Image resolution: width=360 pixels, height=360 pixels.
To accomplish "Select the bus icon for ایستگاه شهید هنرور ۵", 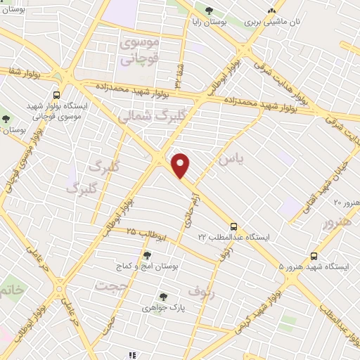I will click(314, 257).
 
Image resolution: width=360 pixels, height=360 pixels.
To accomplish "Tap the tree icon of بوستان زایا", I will click(209, 10).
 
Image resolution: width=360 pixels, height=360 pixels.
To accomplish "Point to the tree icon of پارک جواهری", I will click(163, 297).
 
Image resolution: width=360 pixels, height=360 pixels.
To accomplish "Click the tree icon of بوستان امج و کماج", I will click(147, 256).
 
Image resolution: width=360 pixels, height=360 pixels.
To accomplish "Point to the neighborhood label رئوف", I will click(200, 289).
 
